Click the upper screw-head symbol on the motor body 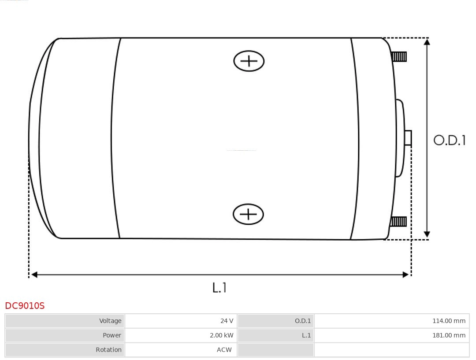click(249, 61)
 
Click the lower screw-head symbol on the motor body click(248, 214)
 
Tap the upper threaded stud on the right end click(399, 56)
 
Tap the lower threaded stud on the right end click(398, 221)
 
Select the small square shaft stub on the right click(408, 138)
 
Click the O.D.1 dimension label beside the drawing click(449, 140)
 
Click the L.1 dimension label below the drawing click(219, 287)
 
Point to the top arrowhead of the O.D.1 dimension click(427, 42)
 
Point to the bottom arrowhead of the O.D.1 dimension click(427, 234)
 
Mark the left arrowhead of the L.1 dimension click(34, 275)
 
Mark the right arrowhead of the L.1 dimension click(405, 275)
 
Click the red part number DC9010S click(25, 305)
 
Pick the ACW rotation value click(224, 350)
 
